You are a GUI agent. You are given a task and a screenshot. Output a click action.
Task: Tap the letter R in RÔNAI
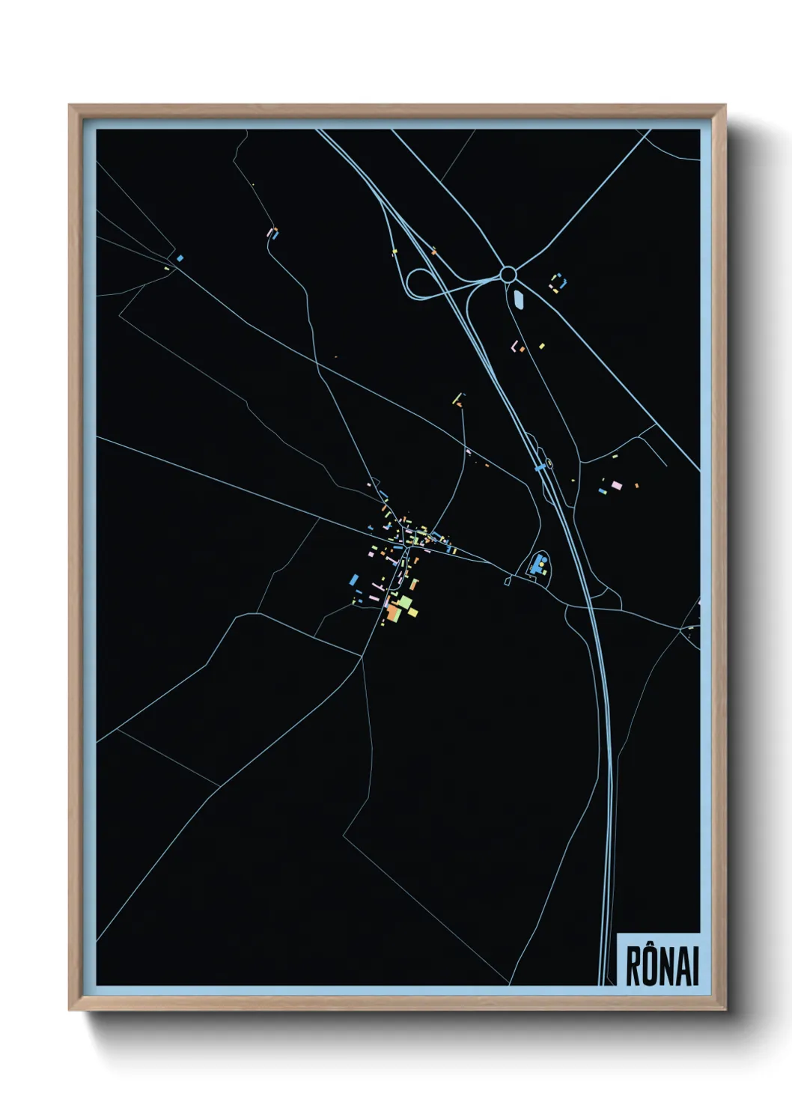[x=633, y=967]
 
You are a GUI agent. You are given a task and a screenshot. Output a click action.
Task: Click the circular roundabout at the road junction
[x=508, y=274]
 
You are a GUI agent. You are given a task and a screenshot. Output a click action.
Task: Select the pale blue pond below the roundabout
[x=519, y=300]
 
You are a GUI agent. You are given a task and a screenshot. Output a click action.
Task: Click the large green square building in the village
[x=403, y=602]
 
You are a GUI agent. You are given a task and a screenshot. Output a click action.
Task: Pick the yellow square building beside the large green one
[x=412, y=612]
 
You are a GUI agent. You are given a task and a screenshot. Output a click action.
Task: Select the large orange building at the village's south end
[x=392, y=613]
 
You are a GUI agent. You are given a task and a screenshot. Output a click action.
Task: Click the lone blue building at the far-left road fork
[x=180, y=258]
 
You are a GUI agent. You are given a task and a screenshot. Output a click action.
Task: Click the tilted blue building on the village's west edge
[x=354, y=579]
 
